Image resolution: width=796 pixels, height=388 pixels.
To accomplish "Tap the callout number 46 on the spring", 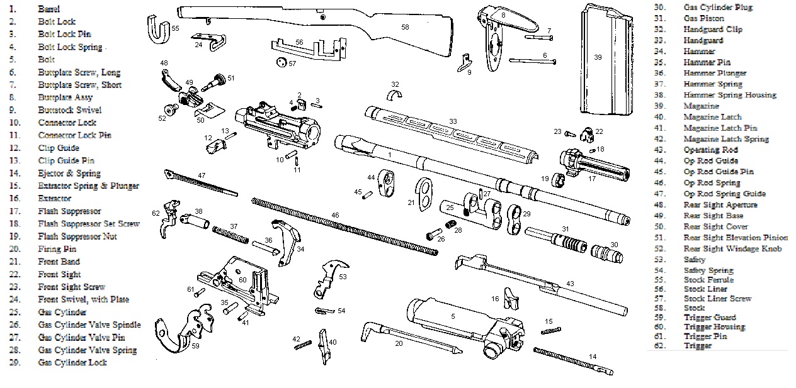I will point(335,215).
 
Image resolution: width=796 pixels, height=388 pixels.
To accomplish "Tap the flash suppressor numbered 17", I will point(592,166).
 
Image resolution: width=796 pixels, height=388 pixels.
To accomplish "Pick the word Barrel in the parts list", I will point(49,9).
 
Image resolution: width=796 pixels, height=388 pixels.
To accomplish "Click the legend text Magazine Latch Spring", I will point(726,139).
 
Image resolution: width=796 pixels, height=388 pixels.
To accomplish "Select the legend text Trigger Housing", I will point(714,326).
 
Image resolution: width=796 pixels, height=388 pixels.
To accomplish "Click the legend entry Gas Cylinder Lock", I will point(72,362).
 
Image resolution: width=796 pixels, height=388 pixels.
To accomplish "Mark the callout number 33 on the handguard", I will point(452,121).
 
